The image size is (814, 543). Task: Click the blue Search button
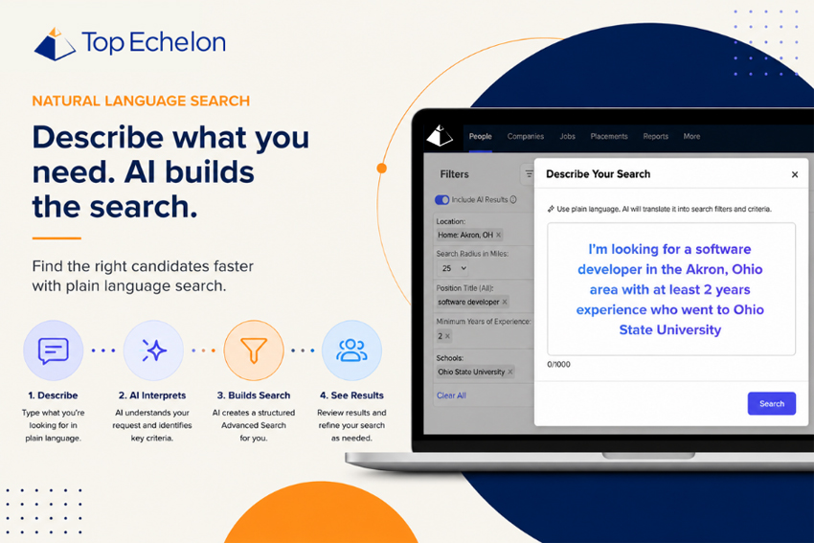(x=772, y=403)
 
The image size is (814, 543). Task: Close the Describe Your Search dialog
(x=795, y=174)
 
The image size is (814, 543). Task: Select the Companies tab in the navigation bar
(x=526, y=136)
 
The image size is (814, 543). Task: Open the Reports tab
(x=656, y=136)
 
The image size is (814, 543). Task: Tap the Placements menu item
(x=609, y=136)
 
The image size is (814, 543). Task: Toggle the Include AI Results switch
(x=441, y=200)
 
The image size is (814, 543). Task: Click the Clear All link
(x=451, y=396)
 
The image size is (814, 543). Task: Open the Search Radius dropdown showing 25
(x=453, y=268)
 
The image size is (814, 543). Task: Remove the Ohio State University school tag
(x=510, y=372)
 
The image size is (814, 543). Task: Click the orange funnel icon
(x=254, y=350)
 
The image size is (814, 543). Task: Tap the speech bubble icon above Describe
(x=53, y=351)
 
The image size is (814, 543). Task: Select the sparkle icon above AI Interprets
(x=153, y=351)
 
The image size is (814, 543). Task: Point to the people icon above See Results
(x=351, y=350)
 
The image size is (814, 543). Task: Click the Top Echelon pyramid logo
(x=55, y=44)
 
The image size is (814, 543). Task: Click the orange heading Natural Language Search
(x=141, y=101)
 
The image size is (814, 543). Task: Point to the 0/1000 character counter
(x=558, y=365)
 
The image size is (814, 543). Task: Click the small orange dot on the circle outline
(x=381, y=169)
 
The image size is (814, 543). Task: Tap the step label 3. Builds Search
(x=254, y=396)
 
